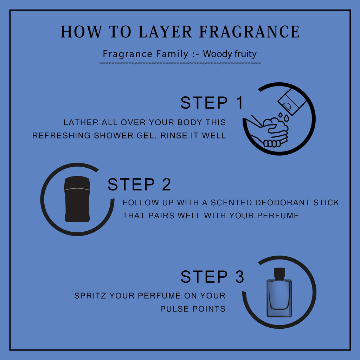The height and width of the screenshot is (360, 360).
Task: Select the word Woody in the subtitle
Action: pyautogui.click(x=217, y=54)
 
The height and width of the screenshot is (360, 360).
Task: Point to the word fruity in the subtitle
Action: pyautogui.click(x=245, y=54)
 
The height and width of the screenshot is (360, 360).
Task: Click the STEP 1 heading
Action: pyautogui.click(x=212, y=103)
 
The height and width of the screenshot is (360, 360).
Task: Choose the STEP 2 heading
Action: pyautogui.click(x=139, y=184)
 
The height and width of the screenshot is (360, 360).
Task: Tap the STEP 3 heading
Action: pyautogui.click(x=212, y=277)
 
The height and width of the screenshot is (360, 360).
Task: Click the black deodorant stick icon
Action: pyautogui.click(x=77, y=199)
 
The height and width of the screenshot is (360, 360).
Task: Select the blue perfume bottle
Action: pyautogui.click(x=279, y=292)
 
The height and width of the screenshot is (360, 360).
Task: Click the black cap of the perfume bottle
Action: pyautogui.click(x=279, y=273)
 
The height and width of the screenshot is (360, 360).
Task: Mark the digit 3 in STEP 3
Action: pyautogui.click(x=239, y=277)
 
